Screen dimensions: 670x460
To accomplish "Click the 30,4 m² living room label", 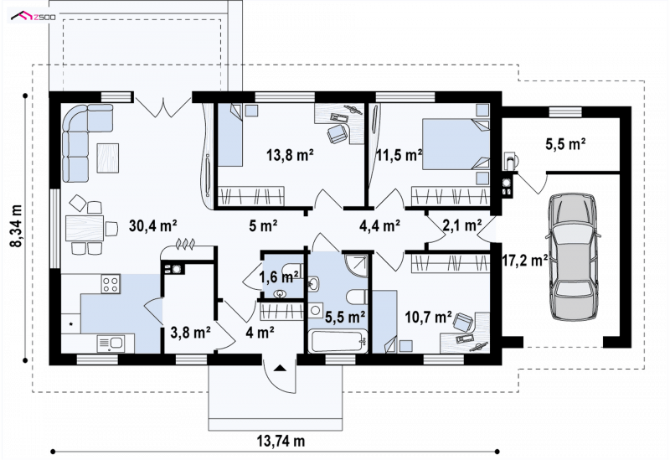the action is pyautogui.click(x=153, y=225).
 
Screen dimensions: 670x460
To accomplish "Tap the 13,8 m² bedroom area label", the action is pyautogui.click(x=291, y=155).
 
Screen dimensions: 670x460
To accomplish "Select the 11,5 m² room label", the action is pyautogui.click(x=399, y=155).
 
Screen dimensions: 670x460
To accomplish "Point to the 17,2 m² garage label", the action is pyautogui.click(x=525, y=260).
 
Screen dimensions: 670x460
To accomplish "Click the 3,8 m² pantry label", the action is pyautogui.click(x=190, y=332).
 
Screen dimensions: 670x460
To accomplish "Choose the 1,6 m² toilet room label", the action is pyautogui.click(x=279, y=277).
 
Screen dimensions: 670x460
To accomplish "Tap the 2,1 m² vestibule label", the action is pyautogui.click(x=462, y=225).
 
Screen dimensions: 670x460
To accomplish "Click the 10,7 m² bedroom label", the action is pyautogui.click(x=429, y=317).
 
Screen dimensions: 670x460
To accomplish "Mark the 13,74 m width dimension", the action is pyautogui.click(x=281, y=441).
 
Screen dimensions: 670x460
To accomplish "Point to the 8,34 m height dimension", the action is pyautogui.click(x=16, y=225).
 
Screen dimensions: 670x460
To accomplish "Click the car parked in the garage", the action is pyautogui.click(x=572, y=256).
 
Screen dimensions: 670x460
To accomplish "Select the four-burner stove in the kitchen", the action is pyautogui.click(x=111, y=284).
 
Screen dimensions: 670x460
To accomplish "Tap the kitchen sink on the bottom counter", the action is pyautogui.click(x=111, y=344).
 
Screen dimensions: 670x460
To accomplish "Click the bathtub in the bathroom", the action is pyautogui.click(x=338, y=341).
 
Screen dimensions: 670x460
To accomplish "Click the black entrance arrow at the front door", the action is pyautogui.click(x=280, y=367).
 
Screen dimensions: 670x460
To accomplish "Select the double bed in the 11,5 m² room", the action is pyautogui.click(x=456, y=144).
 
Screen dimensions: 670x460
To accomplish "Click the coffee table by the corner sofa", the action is pyautogui.click(x=108, y=158).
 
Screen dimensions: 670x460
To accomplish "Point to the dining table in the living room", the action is pyautogui.click(x=85, y=228).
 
